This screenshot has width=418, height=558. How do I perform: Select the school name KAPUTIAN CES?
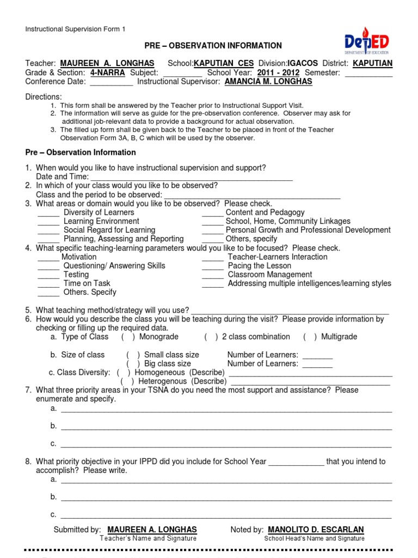(224, 63)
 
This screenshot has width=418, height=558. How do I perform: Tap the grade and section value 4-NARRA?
(108, 72)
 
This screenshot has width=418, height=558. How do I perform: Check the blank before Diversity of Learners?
(48, 213)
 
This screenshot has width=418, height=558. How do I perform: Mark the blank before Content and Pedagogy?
(212, 213)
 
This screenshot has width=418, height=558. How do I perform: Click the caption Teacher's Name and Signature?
(148, 538)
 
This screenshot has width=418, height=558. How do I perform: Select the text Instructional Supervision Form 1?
(75, 29)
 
